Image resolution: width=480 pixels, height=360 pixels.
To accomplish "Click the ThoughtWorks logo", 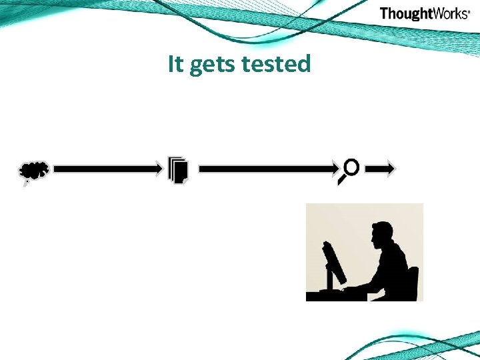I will point(424,13).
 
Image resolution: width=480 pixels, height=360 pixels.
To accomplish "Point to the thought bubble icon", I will point(34,172).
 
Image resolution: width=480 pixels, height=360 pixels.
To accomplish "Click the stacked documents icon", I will point(178,170).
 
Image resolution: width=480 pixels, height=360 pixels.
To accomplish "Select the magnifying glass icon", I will point(349,171).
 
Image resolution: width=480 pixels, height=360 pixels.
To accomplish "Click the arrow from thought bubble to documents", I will point(107,170).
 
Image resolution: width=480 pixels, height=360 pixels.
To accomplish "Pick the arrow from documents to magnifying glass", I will point(267,170).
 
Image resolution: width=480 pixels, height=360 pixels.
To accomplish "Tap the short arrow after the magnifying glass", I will point(382,169).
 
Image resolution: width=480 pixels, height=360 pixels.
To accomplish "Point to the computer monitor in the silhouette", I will point(333,262).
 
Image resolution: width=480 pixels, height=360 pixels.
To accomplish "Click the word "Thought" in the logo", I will point(405,13).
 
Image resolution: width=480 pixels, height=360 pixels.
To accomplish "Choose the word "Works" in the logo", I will point(449,13).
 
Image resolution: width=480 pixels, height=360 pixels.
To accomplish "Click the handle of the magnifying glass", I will point(343,179).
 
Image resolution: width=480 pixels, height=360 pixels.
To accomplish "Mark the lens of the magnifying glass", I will point(352,167).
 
